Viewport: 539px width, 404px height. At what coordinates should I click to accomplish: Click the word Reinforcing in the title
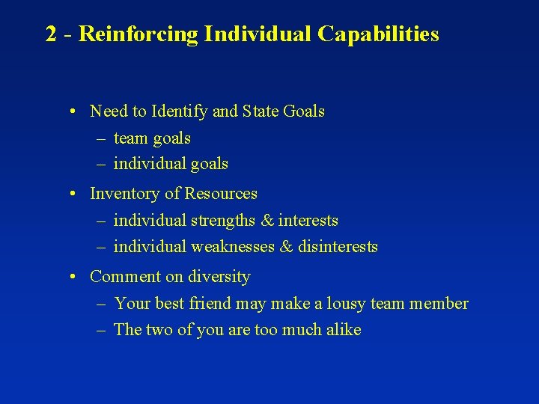point(139,34)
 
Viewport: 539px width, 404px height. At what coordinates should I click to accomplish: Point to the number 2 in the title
point(51,34)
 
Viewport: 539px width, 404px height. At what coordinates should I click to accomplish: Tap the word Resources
point(221,194)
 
